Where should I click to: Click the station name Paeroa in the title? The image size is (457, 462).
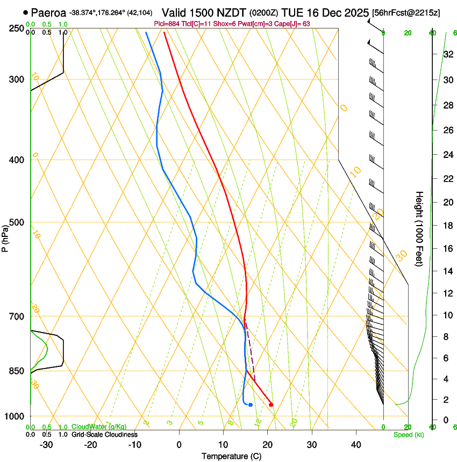pyautogui.click(x=48, y=12)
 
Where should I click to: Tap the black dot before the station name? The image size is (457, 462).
pyautogui.click(x=25, y=12)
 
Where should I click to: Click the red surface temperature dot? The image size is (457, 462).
pyautogui.click(x=271, y=405)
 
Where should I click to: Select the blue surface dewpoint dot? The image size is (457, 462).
pyautogui.click(x=251, y=405)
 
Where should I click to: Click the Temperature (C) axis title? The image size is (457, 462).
pyautogui.click(x=231, y=456)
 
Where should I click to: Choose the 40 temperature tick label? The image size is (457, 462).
pyautogui.click(x=356, y=445)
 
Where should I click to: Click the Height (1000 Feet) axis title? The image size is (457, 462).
pyautogui.click(x=419, y=228)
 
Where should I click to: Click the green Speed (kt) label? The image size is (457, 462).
pyautogui.click(x=408, y=435)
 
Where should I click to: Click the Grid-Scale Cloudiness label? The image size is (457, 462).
pyautogui.click(x=104, y=435)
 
